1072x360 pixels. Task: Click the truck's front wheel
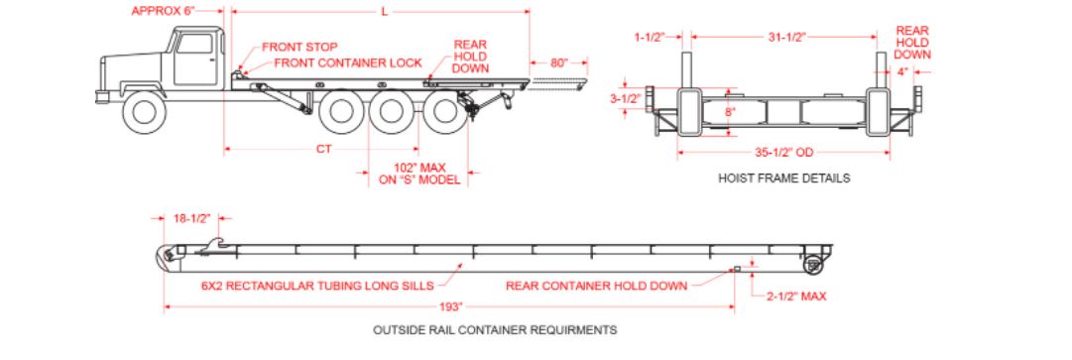[144, 112]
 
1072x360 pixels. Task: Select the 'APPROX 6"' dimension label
[164, 11]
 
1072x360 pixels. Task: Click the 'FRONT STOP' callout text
[300, 48]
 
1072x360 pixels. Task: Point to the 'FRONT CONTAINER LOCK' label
[348, 63]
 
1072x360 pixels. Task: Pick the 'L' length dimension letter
[384, 12]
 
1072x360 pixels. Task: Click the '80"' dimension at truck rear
[559, 62]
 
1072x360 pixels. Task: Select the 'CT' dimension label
[323, 148]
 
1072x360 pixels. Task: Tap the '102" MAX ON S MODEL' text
[419, 174]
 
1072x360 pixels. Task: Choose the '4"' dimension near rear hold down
[902, 71]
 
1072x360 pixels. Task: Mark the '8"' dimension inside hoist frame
[730, 112]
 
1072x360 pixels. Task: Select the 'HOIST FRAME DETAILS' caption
[784, 179]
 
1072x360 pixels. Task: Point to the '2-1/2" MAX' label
[795, 296]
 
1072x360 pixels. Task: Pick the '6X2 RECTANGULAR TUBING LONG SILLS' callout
[317, 286]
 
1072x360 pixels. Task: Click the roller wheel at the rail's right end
[813, 265]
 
